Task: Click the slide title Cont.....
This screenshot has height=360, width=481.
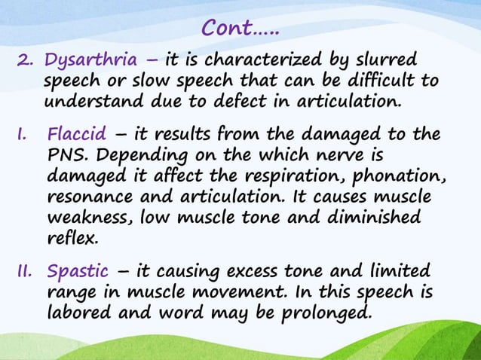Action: (x=240, y=28)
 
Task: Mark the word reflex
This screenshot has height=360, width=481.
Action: (x=72, y=239)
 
